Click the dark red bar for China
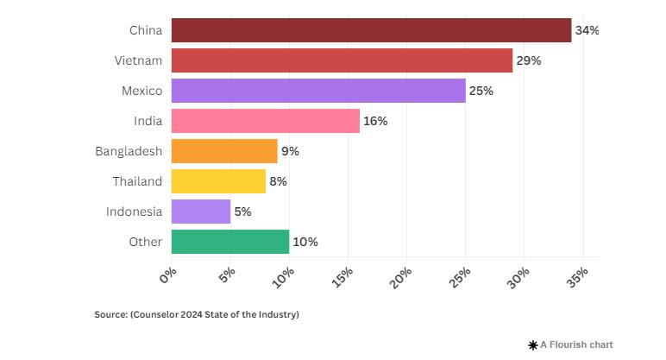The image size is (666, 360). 371,30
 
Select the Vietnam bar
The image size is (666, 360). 342,60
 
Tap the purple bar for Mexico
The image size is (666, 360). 318,91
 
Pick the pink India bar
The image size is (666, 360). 266,121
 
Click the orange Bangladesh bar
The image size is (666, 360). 224,151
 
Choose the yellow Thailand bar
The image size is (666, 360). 218,181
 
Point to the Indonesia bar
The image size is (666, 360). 201,212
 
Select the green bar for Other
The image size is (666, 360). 230,242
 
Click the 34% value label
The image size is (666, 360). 587,30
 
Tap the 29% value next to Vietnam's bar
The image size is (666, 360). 528,60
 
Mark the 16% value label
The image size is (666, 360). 375,121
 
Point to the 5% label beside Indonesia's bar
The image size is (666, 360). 242,212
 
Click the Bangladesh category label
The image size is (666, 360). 129,151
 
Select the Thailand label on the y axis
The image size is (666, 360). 137,181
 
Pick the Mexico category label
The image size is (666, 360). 141,91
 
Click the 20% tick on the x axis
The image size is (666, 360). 402,277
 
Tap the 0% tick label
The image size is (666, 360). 168,274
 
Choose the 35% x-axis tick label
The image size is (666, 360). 578,277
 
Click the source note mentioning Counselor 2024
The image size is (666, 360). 197,315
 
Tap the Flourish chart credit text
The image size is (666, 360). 575,344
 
